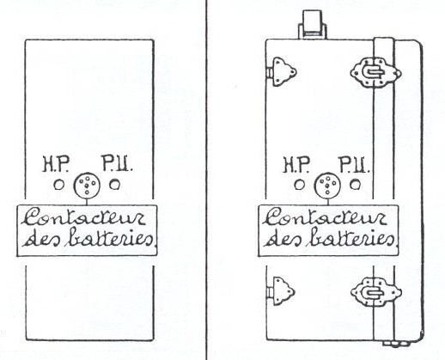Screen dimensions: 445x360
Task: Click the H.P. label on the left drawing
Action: tap(56, 164)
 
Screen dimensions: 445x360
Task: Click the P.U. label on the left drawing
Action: tap(117, 163)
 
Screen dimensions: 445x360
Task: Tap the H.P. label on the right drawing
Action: tap(296, 165)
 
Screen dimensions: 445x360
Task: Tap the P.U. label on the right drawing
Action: tap(354, 165)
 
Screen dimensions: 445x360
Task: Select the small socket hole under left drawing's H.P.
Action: tap(59, 185)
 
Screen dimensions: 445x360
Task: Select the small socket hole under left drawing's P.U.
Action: tap(114, 185)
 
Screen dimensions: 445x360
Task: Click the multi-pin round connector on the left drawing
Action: tap(87, 185)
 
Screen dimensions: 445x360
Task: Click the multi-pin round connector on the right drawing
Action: tap(327, 185)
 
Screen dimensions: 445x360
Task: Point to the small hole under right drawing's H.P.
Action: tap(300, 185)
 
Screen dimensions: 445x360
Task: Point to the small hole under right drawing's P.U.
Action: tap(355, 185)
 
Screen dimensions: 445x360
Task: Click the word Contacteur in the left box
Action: tap(83, 217)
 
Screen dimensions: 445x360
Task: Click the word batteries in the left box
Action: tap(111, 237)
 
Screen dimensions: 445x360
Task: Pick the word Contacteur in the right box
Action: tap(325, 217)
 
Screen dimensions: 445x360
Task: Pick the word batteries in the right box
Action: tap(351, 237)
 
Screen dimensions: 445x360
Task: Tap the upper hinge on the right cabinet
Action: tap(282, 71)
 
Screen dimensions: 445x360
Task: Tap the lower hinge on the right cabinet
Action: tap(281, 291)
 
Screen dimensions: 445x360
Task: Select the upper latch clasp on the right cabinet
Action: tap(375, 73)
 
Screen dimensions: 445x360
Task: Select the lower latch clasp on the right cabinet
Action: tap(375, 292)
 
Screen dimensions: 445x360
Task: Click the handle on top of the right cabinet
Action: tap(313, 24)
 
